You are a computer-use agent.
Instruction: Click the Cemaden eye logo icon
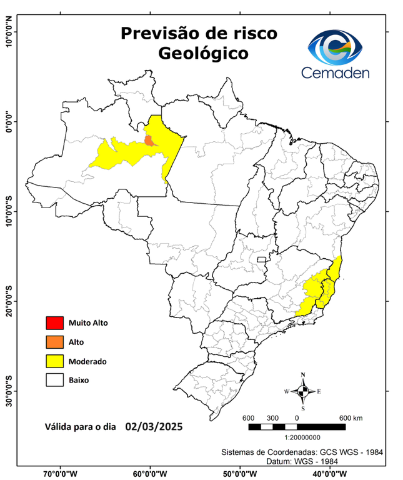[x=339, y=47]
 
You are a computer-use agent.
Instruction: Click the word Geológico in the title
[x=203, y=53]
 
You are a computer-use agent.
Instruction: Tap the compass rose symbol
[x=303, y=391]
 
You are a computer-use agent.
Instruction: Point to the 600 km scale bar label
[x=350, y=417]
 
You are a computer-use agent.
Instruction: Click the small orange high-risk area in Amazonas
[x=149, y=139]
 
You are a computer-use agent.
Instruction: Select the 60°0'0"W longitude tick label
[x=150, y=474]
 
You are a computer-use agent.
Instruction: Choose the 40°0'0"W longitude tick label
[x=327, y=474]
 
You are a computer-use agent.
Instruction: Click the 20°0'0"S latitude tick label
[x=9, y=301]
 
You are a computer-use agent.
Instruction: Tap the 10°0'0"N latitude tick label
[x=9, y=32]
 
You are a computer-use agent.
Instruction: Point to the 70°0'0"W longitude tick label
[x=61, y=474]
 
